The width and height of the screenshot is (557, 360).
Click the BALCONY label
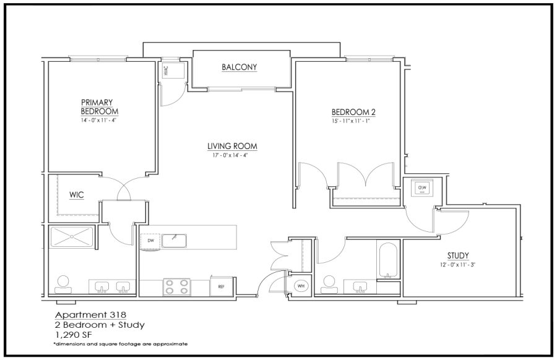(x=239, y=67)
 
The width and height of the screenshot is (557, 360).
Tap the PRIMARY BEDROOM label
(x=99, y=106)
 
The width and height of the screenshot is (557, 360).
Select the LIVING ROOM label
(x=232, y=146)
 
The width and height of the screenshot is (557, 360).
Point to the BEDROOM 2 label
(x=353, y=112)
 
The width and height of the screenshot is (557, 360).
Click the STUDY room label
(x=458, y=255)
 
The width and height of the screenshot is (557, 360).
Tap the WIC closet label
(x=76, y=195)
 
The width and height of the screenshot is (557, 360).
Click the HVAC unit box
(x=173, y=70)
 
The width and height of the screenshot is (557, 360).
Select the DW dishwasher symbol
(x=150, y=241)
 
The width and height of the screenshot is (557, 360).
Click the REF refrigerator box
(x=222, y=286)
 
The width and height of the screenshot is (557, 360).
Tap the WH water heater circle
(x=301, y=286)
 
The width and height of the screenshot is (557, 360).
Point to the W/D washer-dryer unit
(x=422, y=187)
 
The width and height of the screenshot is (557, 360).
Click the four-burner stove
(x=176, y=287)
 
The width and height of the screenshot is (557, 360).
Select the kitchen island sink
(x=174, y=241)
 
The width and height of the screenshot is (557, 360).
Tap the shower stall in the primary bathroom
(x=71, y=237)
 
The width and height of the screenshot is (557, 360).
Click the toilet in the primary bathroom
(x=63, y=285)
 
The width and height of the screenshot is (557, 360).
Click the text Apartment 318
(x=90, y=315)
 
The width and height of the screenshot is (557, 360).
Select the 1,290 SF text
(x=75, y=334)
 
